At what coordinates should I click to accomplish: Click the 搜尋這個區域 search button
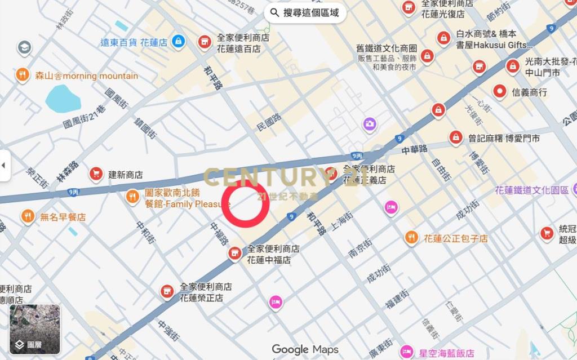tap(305, 12)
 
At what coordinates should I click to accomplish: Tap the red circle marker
tap(245, 203)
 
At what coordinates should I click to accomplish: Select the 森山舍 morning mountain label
tap(86, 75)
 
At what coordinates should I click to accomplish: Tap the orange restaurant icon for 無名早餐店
tap(28, 216)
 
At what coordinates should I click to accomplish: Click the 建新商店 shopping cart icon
tap(96, 174)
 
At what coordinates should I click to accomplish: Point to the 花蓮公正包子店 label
tap(456, 238)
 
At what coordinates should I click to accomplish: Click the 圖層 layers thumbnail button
tap(34, 329)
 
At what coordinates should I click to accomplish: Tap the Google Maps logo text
tap(305, 349)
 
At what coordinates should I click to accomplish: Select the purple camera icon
tap(370, 123)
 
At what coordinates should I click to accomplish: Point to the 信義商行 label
tap(529, 92)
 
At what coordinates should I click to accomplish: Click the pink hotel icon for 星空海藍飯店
tap(406, 352)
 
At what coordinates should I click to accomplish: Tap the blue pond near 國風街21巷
tap(63, 99)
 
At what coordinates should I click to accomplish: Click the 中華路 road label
tap(415, 150)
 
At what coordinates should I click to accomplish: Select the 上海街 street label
tap(341, 222)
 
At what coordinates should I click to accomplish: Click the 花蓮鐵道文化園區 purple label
tap(532, 190)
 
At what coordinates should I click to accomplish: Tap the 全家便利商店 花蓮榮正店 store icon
tap(166, 291)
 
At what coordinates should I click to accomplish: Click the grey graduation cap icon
tap(24, 48)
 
